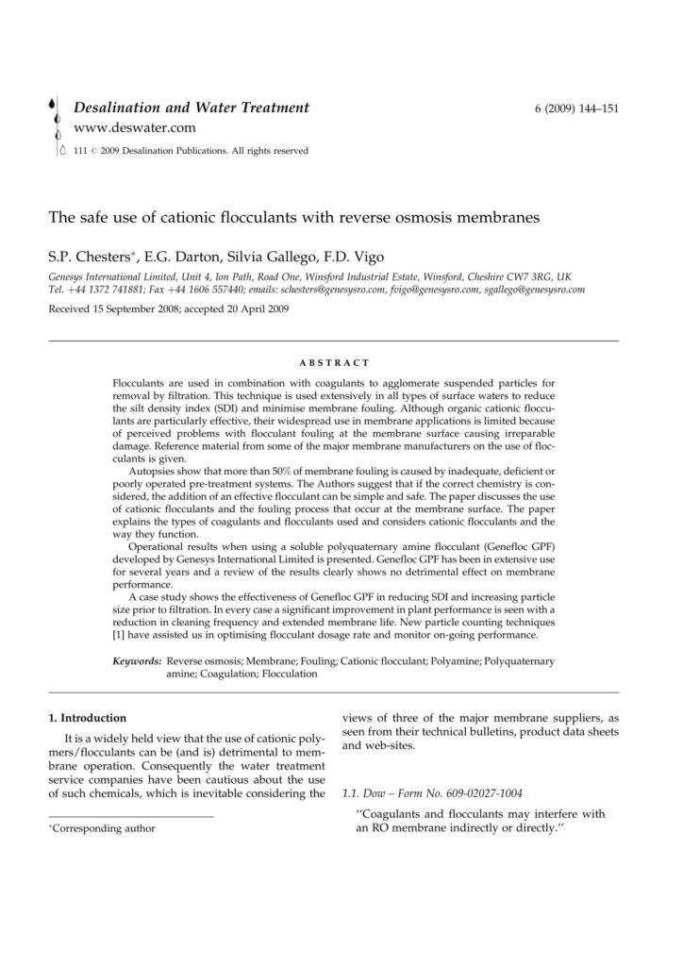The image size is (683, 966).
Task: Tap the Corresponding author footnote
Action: point(103,829)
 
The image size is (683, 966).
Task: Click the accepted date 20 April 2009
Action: point(254,308)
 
